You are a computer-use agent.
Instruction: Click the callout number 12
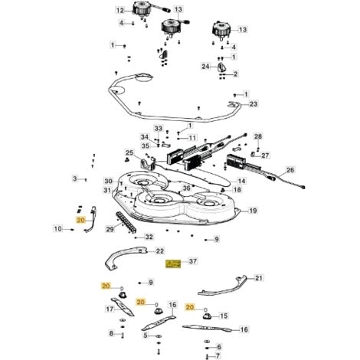pyautogui.click(x=119, y=11)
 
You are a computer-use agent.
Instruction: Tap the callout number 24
pyautogui.click(x=205, y=67)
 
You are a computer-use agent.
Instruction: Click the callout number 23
pyautogui.click(x=254, y=104)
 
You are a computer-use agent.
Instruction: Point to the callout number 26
pyautogui.click(x=290, y=170)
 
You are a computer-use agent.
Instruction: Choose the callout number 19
pyautogui.click(x=253, y=211)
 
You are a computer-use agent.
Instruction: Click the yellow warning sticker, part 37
pyautogui.click(x=173, y=263)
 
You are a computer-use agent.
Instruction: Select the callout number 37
pyautogui.click(x=193, y=261)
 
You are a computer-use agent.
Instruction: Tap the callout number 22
pyautogui.click(x=160, y=251)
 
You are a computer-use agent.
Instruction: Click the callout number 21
pyautogui.click(x=259, y=278)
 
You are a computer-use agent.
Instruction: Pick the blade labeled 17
pyautogui.click(x=123, y=306)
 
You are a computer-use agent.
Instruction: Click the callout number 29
pyautogui.click(x=110, y=229)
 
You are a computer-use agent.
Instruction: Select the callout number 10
pyautogui.click(x=57, y=228)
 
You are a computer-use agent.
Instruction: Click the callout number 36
pyautogui.click(x=187, y=188)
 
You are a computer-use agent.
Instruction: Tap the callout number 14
pyautogui.click(x=241, y=181)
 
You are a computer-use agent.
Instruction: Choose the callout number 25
pyautogui.click(x=129, y=153)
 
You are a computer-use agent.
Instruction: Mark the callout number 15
pyautogui.click(x=224, y=316)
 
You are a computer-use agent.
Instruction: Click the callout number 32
pyautogui.click(x=149, y=237)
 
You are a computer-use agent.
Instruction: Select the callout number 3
pyautogui.click(x=74, y=178)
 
